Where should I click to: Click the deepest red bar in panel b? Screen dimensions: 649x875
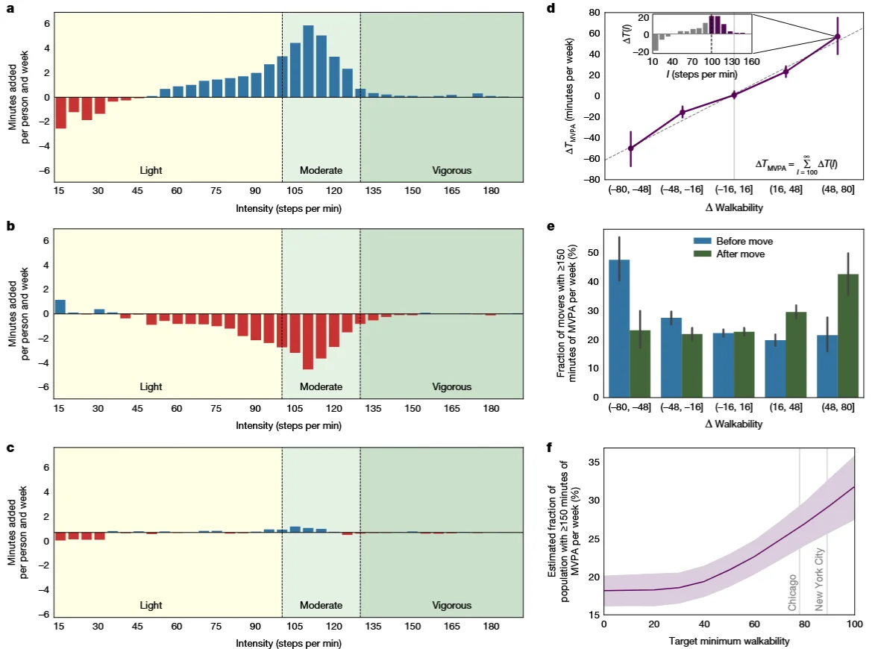(308, 341)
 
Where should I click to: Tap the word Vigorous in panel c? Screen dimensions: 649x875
(452, 605)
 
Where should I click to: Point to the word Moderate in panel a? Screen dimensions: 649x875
(321, 171)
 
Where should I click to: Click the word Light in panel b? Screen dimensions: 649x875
(151, 387)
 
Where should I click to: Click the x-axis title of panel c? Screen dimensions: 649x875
(289, 642)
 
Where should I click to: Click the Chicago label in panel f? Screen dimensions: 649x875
(793, 592)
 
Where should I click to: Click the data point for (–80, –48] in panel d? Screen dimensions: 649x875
(630, 148)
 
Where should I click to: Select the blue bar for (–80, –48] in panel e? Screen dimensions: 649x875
(620, 328)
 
